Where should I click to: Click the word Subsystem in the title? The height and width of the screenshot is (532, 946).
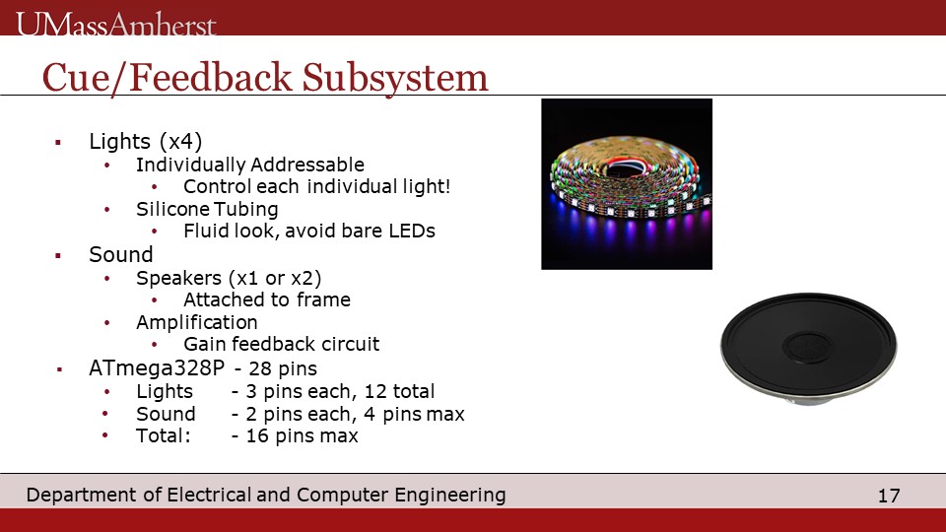click(x=394, y=78)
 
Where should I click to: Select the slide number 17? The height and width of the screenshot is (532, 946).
click(x=889, y=496)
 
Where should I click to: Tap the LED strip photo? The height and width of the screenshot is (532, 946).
click(x=627, y=184)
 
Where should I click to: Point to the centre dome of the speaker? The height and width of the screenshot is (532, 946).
click(x=807, y=346)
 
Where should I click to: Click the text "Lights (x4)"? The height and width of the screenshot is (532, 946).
click(x=146, y=141)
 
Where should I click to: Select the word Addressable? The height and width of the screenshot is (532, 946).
click(x=307, y=165)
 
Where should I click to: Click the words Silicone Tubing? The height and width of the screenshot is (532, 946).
click(x=207, y=209)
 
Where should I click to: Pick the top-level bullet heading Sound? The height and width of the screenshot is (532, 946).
click(x=120, y=254)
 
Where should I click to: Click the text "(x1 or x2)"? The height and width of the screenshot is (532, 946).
click(x=275, y=278)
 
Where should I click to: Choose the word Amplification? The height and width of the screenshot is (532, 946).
click(x=197, y=322)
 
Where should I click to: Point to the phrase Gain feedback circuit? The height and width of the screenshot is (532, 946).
click(x=281, y=344)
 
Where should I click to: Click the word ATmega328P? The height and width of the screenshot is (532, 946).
click(x=157, y=367)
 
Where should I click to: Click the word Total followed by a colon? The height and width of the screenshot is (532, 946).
click(x=163, y=435)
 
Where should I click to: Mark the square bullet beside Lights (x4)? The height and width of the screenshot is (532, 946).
click(x=58, y=143)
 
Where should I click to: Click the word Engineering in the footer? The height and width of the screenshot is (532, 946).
click(x=450, y=496)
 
